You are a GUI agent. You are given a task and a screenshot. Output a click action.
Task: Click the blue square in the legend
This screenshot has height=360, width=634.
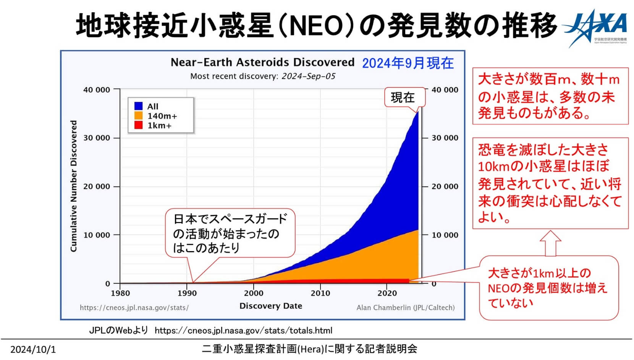coord(138,106)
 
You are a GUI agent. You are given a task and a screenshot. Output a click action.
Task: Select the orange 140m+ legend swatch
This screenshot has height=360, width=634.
coord(138,115)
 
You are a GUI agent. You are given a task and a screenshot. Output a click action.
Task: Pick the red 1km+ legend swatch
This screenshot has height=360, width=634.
coord(138,125)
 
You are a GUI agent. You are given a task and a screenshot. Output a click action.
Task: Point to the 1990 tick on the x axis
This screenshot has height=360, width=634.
coord(187,293)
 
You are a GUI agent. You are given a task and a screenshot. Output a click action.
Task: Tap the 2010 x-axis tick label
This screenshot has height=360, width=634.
coord(320,293)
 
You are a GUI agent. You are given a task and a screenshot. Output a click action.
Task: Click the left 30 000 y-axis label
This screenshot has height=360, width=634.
coord(96,138)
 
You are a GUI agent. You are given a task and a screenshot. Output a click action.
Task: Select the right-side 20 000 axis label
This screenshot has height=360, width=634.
coord(445,186)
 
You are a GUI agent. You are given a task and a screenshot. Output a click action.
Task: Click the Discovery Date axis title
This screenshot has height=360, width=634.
coord(270,306)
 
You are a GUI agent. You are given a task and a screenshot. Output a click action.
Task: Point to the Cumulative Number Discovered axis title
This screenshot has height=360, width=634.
coord(73,186)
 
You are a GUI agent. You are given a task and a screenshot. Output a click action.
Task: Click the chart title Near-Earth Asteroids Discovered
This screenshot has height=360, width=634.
coord(262,62)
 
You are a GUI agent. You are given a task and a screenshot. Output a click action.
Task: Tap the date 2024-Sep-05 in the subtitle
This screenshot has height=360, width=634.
coord(308,76)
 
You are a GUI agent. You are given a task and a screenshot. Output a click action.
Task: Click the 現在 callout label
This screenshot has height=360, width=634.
coord(403,97)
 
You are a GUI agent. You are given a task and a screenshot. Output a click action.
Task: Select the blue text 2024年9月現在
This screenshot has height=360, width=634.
coord(408,63)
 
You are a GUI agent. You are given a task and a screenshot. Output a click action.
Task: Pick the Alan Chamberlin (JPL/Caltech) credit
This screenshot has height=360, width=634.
coord(405,308)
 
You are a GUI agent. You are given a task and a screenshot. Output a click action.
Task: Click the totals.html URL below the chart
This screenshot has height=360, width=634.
coord(243,330)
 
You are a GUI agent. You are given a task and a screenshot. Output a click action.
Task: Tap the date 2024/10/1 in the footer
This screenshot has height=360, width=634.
coord(33,349)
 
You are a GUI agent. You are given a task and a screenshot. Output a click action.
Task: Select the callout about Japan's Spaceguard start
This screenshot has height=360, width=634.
coord(230,233)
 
